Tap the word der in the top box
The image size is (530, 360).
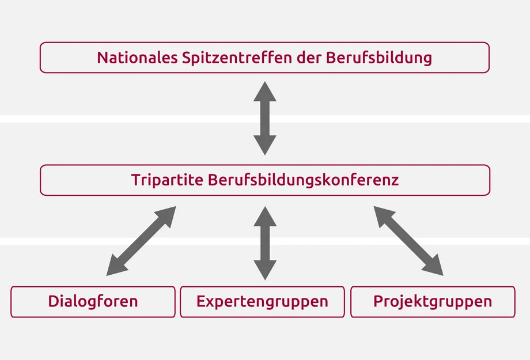pyautogui.click(x=309, y=58)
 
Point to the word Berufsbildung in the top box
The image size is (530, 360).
pyautogui.click(x=379, y=58)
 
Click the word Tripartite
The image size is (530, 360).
pyautogui.click(x=167, y=180)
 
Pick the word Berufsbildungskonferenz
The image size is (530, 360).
pyautogui.click(x=303, y=180)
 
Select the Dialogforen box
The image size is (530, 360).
pyautogui.click(x=93, y=302)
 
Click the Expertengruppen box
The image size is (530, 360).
pyautogui.click(x=262, y=302)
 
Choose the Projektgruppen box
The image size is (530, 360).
pyautogui.click(x=433, y=302)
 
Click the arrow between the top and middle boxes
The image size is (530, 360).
pyautogui.click(x=265, y=118)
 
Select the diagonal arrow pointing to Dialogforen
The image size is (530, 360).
pyautogui.click(x=141, y=241)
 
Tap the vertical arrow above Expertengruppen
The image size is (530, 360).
pyautogui.click(x=265, y=243)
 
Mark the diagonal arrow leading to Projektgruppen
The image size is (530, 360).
pyautogui.click(x=408, y=241)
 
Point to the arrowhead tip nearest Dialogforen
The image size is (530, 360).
pyautogui.click(x=107, y=275)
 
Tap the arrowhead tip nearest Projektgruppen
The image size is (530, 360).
pyautogui.click(x=443, y=275)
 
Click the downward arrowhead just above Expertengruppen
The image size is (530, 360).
pyautogui.click(x=265, y=270)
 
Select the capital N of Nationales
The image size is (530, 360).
pyautogui.click(x=103, y=58)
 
